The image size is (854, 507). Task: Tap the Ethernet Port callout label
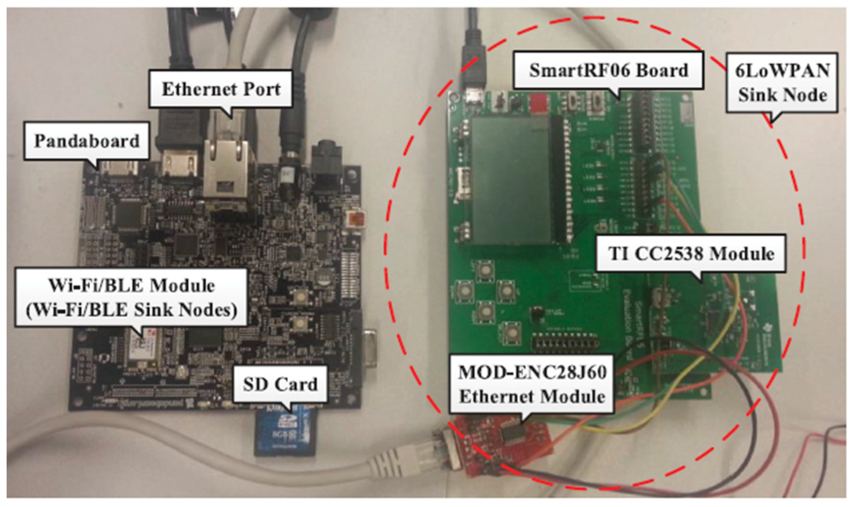click(x=221, y=89)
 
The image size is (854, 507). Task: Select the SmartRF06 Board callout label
click(x=608, y=70)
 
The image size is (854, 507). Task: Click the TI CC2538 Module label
click(x=691, y=253)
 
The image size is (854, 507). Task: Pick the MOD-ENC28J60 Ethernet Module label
click(x=532, y=384)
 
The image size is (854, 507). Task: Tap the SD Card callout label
click(x=280, y=384)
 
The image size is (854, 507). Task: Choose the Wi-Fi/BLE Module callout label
click(x=132, y=297)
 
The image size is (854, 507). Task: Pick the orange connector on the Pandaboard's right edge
click(x=355, y=219)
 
